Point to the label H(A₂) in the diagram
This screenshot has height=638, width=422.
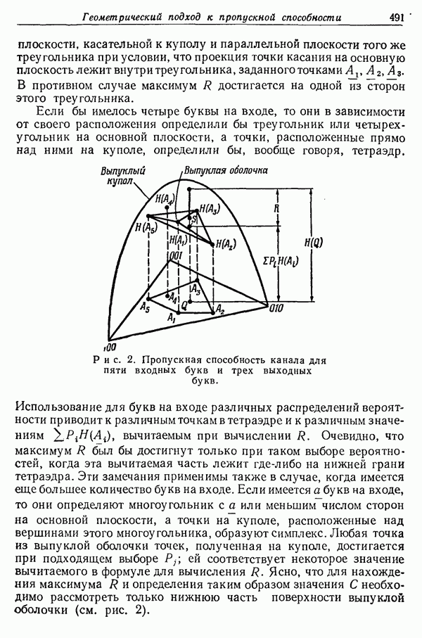pos(226,244)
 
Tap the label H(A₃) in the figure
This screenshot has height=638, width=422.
pos(210,208)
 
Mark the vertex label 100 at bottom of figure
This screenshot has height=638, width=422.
pos(108,347)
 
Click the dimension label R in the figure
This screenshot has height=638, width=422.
pos(276,209)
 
